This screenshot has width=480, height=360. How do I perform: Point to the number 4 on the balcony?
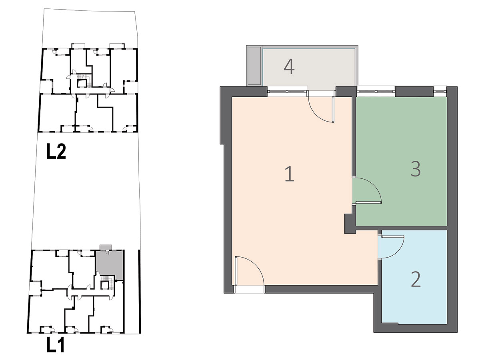(289, 66)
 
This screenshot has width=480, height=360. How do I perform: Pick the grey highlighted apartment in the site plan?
(110, 265)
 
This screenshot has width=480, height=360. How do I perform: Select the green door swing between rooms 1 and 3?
(367, 190)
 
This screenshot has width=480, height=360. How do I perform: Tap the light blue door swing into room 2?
(391, 247)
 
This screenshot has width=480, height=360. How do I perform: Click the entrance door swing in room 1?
(250, 271)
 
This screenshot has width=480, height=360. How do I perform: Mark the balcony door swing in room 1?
(321, 109)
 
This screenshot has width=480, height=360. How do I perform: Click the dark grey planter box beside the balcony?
(254, 66)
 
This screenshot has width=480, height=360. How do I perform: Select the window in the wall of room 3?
(376, 91)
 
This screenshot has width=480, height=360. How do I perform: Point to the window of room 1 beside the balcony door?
(287, 91)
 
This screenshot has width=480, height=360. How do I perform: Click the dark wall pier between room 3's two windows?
(414, 92)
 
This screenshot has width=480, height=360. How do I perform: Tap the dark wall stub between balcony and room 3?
(346, 92)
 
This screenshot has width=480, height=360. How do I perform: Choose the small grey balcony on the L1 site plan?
(106, 247)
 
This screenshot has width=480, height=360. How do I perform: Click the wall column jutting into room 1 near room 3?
(350, 224)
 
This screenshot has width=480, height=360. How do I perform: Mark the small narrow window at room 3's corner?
(440, 91)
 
